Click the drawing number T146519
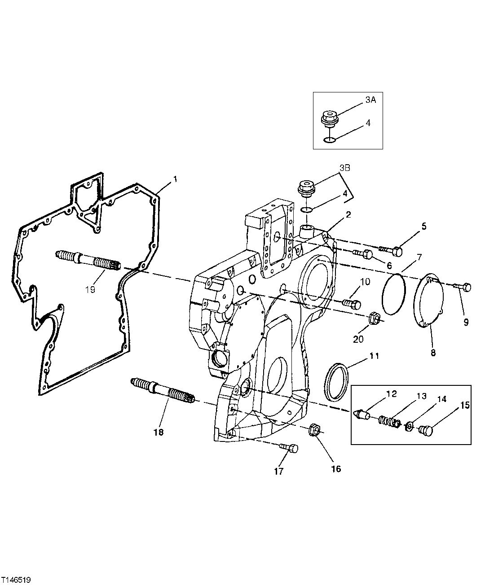(16, 580)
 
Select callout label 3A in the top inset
(370, 100)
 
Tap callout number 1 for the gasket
(176, 179)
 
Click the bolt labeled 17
(288, 448)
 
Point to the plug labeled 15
(425, 430)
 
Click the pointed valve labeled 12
(362, 414)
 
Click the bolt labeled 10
(352, 304)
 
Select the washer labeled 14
(409, 426)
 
